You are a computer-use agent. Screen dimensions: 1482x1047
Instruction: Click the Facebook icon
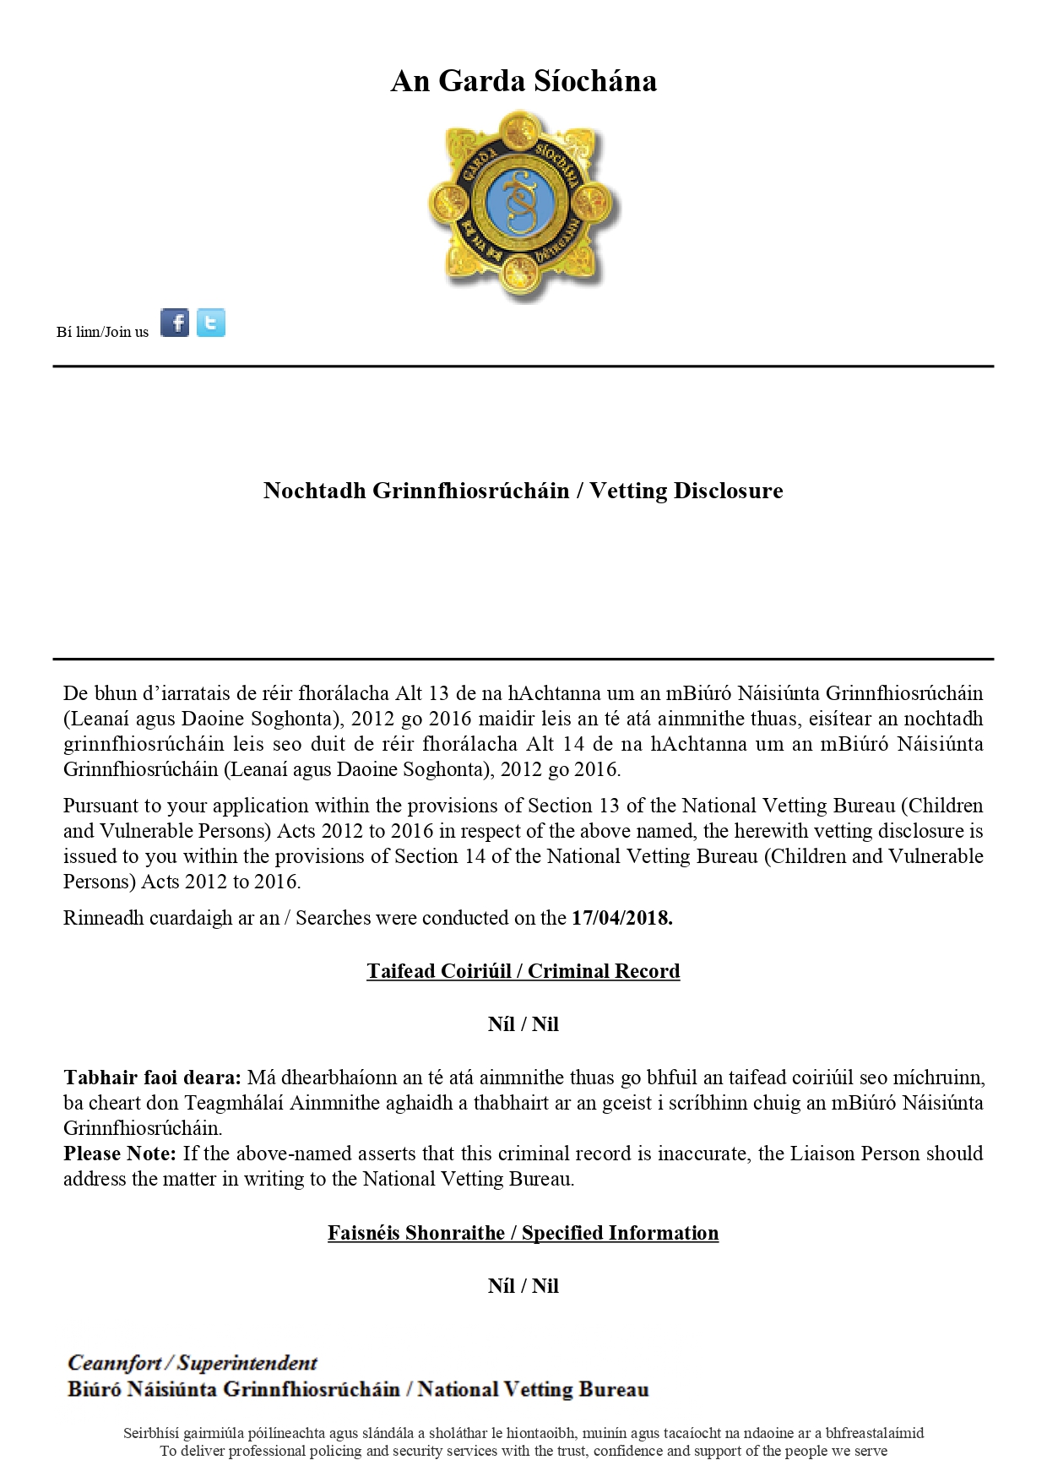[x=175, y=323]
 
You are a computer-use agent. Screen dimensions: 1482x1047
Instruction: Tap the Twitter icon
[x=211, y=323]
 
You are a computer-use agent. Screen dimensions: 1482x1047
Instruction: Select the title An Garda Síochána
[x=523, y=81]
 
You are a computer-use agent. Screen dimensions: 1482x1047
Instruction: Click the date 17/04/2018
[x=621, y=918]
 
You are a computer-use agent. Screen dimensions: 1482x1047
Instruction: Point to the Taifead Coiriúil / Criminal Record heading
[x=523, y=971]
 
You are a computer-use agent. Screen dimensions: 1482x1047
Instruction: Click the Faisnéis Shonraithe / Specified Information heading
[x=523, y=1233]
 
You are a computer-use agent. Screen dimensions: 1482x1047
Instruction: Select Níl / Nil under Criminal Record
[x=523, y=1024]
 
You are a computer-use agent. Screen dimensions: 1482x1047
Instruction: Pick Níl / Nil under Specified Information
[x=523, y=1286]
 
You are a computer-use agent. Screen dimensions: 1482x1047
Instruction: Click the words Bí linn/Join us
[x=102, y=332]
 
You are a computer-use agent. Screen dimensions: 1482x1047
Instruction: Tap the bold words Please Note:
[x=120, y=1154]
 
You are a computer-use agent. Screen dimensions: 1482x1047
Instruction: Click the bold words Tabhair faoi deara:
[x=152, y=1078]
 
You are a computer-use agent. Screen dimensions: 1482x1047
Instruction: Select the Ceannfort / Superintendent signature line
[x=193, y=1363]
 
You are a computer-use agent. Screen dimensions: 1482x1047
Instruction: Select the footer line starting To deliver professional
[x=523, y=1451]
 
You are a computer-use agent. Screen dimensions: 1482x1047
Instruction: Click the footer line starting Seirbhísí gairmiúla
[x=523, y=1433]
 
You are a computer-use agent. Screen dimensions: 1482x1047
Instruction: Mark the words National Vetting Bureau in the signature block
[x=534, y=1389]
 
